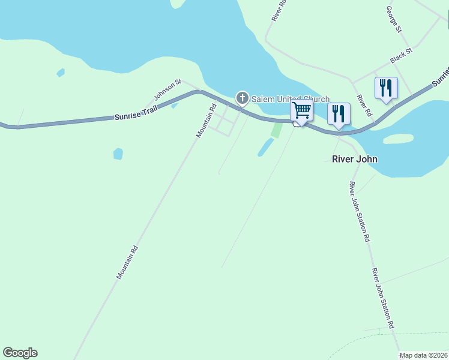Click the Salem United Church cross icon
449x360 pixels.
tap(242, 98)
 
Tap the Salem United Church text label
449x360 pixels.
tap(290, 100)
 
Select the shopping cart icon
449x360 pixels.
tap(301, 111)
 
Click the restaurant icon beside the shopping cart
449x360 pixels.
tap(339, 113)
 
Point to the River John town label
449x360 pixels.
tap(355, 160)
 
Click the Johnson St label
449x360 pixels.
tap(167, 89)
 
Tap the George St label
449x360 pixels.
tap(394, 19)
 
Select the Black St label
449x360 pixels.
tap(401, 57)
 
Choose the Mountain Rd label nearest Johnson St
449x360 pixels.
tap(206, 121)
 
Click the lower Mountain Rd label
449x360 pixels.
tap(127, 262)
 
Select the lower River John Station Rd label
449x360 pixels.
tap(382, 298)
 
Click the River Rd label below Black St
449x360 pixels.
tap(364, 106)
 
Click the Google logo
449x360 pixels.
tap(20, 353)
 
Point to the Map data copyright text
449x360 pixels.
tap(424, 355)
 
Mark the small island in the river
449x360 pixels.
tap(398, 139)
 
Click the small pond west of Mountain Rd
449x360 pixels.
tap(118, 154)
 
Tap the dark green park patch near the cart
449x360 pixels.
tap(276, 130)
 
